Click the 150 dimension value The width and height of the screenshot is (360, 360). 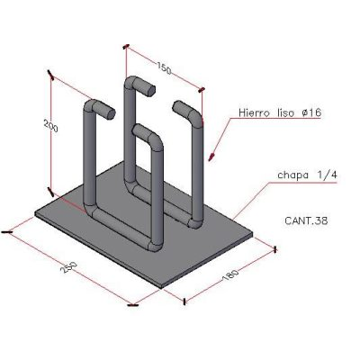(x=164, y=68)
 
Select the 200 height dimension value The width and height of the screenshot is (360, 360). (x=50, y=126)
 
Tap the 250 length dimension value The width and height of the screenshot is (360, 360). (x=68, y=266)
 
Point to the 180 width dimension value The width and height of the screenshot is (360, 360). (x=230, y=275)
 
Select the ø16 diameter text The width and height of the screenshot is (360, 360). (x=310, y=112)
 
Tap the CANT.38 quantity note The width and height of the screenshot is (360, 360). (x=306, y=221)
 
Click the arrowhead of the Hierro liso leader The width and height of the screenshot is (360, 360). (x=211, y=157)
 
